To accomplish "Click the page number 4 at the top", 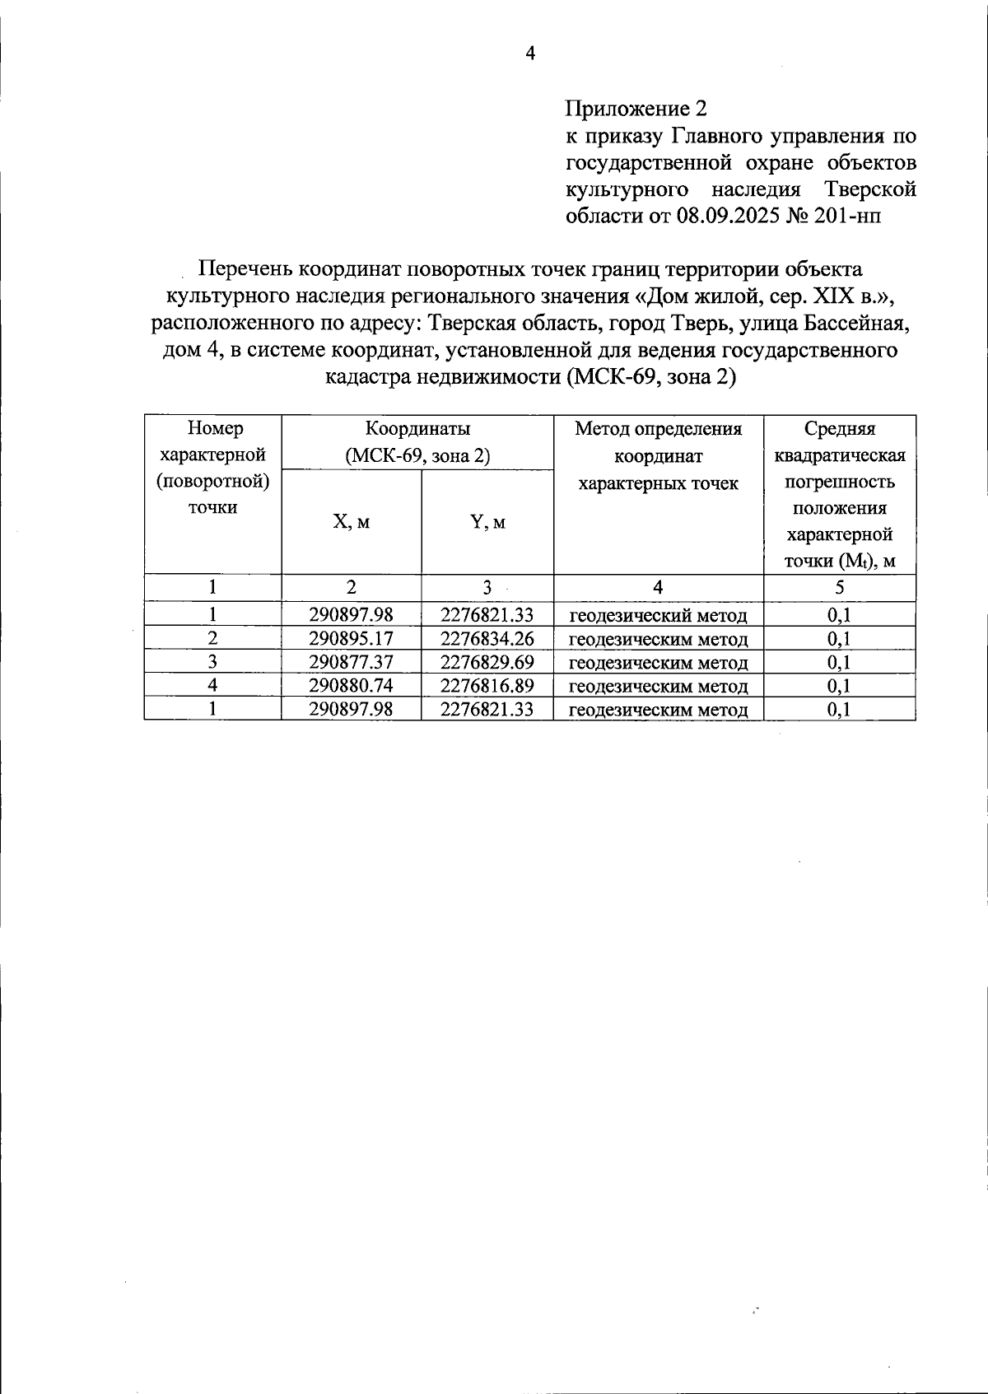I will pyautogui.click(x=530, y=54).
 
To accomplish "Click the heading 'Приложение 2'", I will pyautogui.click(x=636, y=109).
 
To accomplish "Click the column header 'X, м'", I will pyautogui.click(x=351, y=522).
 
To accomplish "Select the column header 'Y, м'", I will pyautogui.click(x=487, y=522).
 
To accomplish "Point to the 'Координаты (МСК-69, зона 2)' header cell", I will pyautogui.click(x=417, y=442).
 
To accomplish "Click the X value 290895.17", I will pyautogui.click(x=351, y=639).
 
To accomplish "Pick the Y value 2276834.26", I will pyautogui.click(x=487, y=639).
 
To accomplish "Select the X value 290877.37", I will pyautogui.click(x=351, y=663).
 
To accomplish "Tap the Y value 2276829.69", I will pyautogui.click(x=487, y=663).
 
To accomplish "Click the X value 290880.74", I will pyautogui.click(x=351, y=686).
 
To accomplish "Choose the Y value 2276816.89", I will pyautogui.click(x=487, y=686).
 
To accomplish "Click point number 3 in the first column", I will pyautogui.click(x=212, y=662).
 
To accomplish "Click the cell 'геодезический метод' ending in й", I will pyautogui.click(x=658, y=616).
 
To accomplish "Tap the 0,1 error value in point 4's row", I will pyautogui.click(x=839, y=686).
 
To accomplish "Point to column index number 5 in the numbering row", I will pyautogui.click(x=839, y=587).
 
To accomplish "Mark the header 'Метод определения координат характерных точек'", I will pyautogui.click(x=658, y=455).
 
